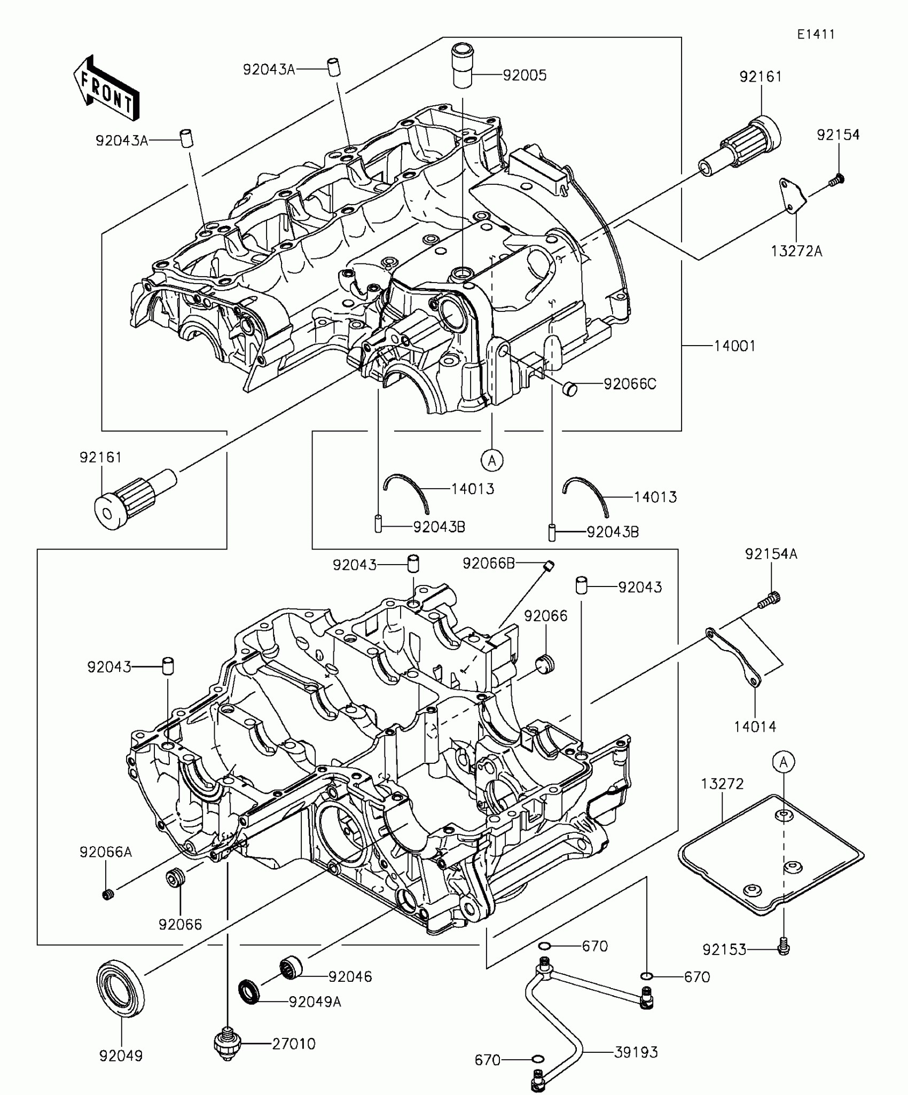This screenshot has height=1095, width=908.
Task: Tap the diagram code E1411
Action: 816,34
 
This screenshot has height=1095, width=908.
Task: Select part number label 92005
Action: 525,75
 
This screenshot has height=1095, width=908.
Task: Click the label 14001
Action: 734,346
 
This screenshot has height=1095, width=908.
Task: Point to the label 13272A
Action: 796,251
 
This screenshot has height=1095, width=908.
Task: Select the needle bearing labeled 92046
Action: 292,968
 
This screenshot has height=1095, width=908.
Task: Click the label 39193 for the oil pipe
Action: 636,1052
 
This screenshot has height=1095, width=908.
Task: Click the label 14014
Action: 755,726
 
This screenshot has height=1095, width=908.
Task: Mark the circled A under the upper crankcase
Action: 492,459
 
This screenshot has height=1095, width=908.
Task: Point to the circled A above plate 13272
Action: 784,762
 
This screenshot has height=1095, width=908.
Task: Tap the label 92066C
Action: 630,384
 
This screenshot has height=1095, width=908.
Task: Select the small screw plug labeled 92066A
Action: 108,895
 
